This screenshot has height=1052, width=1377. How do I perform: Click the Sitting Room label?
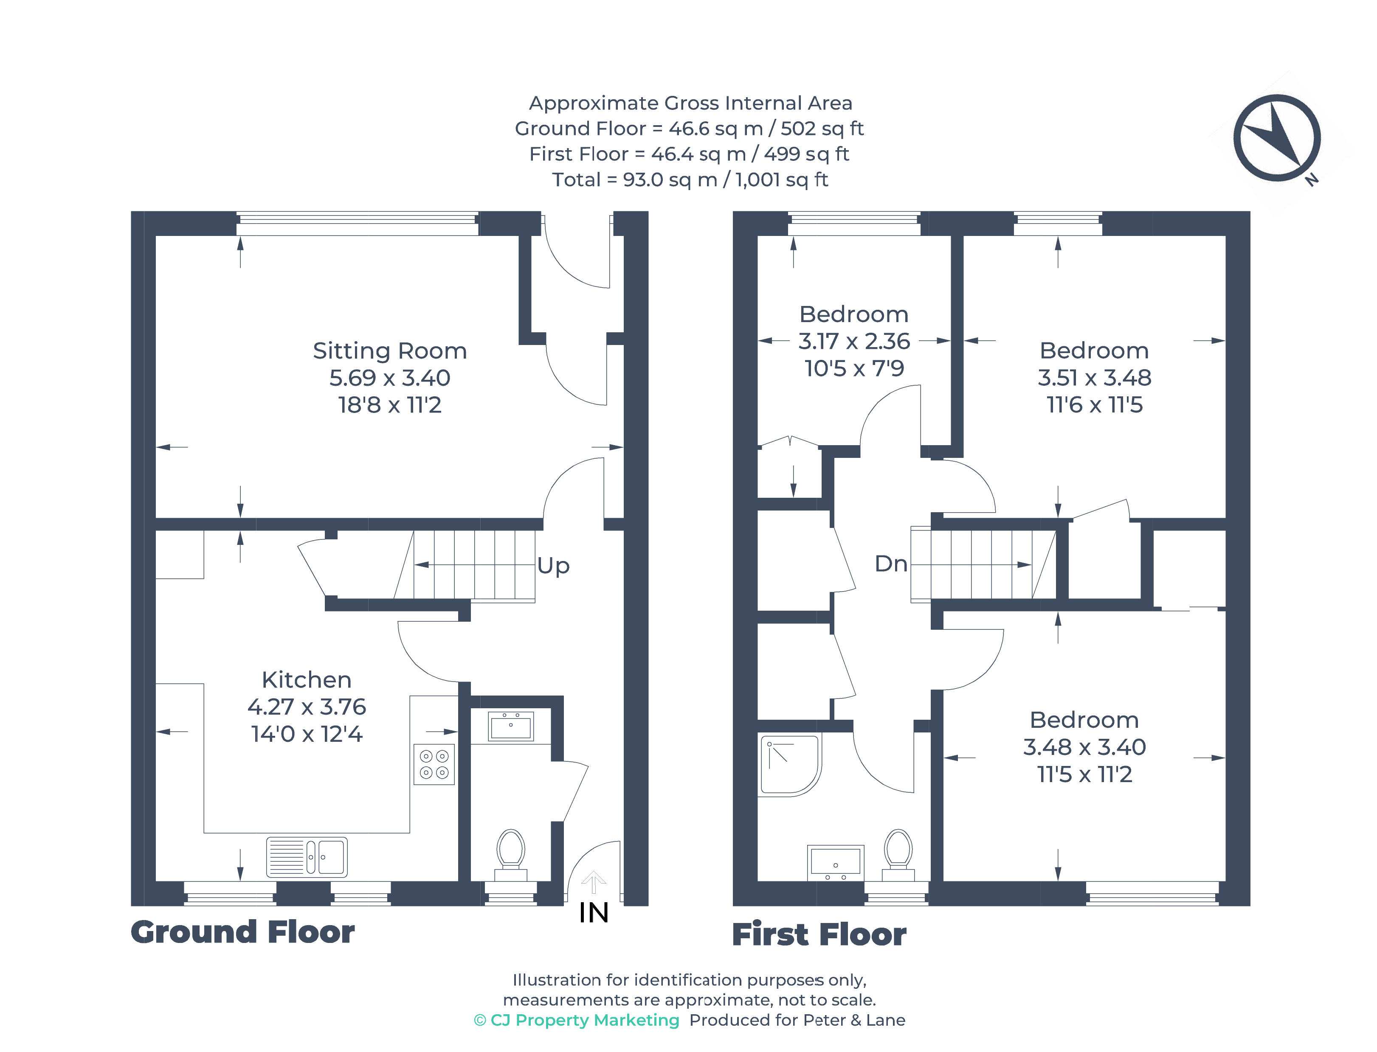(390, 351)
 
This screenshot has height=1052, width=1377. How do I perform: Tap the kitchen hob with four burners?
(434, 764)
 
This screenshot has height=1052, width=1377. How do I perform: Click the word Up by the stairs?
(553, 565)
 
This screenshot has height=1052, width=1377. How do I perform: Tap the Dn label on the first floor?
(890, 564)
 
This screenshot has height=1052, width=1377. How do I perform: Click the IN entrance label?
(593, 913)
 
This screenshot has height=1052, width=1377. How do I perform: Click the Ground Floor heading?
(242, 932)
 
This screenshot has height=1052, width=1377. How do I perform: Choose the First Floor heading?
(819, 934)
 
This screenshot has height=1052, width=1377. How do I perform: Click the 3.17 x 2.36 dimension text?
(853, 341)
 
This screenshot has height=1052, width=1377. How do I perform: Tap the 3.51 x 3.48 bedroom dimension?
(1094, 378)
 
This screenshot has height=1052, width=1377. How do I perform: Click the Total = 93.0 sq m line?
(689, 180)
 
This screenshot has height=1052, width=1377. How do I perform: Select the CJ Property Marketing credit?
(576, 1020)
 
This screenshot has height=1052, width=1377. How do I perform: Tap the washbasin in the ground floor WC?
(510, 727)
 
